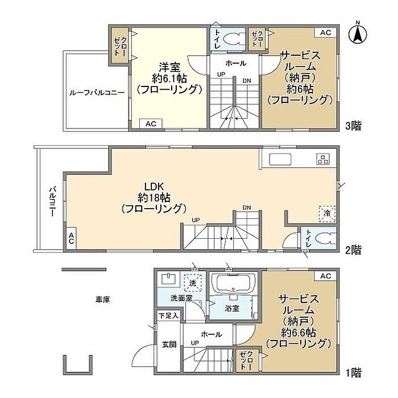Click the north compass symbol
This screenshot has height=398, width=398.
[x=358, y=35]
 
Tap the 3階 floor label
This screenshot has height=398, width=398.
[x=353, y=126]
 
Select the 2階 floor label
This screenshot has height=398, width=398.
[x=353, y=250]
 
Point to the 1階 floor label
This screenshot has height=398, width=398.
[x=354, y=373]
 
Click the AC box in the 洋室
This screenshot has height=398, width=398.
[x=151, y=123]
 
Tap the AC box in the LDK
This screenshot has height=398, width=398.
[x=71, y=238]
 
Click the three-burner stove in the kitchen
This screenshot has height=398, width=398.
[x=323, y=159]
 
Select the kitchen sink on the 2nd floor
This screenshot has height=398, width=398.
[x=280, y=159]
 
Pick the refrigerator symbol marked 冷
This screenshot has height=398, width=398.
[x=327, y=214]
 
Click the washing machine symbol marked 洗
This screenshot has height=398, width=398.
[x=193, y=283]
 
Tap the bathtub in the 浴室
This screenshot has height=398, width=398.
[x=233, y=283]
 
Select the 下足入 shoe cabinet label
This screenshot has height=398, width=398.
[x=168, y=316]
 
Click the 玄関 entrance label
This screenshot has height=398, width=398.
[x=169, y=345]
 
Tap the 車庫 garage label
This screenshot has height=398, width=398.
[x=102, y=300]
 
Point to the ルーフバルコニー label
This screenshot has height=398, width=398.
[x=97, y=93]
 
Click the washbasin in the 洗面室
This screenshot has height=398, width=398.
[x=168, y=279]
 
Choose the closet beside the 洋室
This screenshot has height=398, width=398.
[x=121, y=45]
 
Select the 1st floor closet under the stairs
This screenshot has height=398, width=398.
[x=247, y=360]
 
